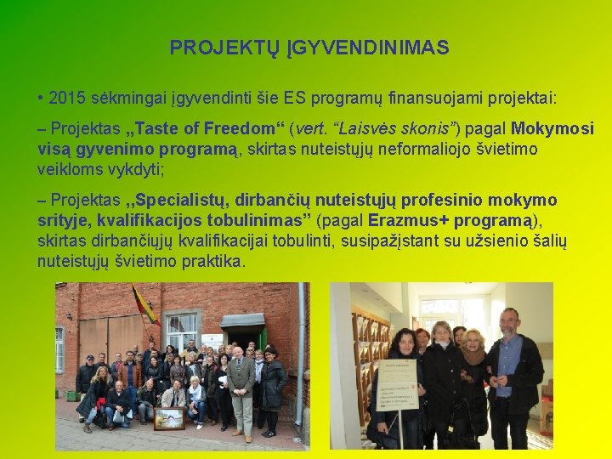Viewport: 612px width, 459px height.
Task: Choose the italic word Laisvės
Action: point(368,129)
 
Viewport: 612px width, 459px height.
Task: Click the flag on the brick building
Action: point(144,305)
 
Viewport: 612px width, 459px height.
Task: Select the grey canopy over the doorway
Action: point(242,320)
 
